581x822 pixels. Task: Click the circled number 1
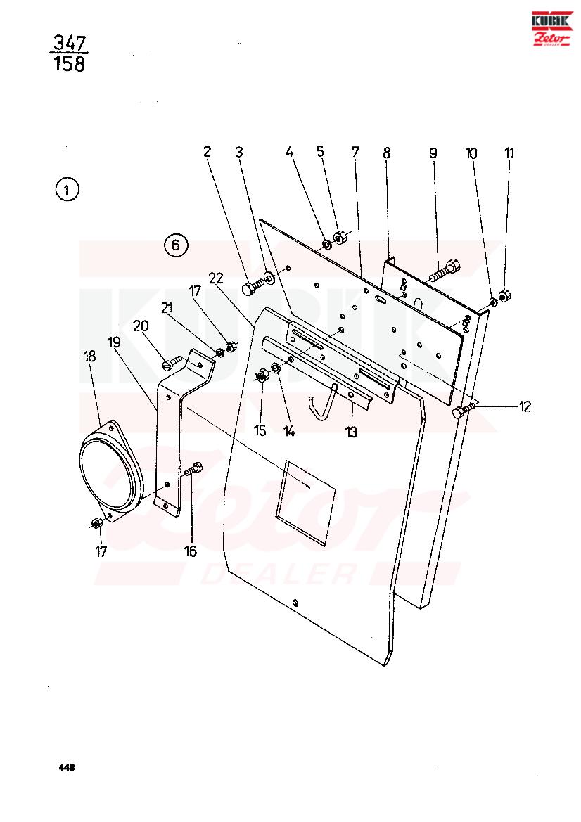pos(67,190)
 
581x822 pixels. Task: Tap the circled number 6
pos(176,245)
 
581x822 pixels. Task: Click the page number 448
pos(67,767)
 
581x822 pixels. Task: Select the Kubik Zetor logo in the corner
pos(551,28)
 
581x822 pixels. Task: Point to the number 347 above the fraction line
pos(70,42)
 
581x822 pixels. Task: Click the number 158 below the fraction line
pos(69,63)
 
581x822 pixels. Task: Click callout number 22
pos(216,278)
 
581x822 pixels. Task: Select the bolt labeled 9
pos(445,269)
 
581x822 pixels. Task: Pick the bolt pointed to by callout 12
pos(465,410)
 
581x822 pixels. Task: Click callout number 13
pos(351,432)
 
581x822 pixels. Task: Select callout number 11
pos(509,153)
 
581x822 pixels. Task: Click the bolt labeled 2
pos(254,285)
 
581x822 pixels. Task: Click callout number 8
pos(387,153)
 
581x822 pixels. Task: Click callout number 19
pos(114,342)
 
